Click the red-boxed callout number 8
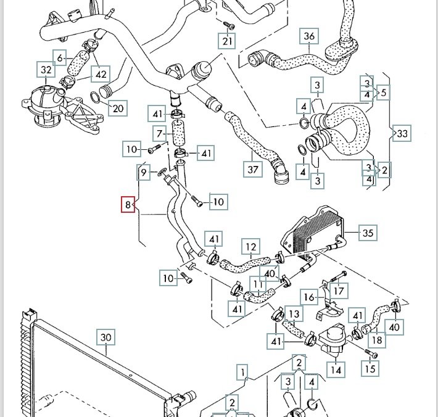click(128, 204)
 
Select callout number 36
click(309, 37)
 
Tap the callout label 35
click(367, 233)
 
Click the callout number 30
click(106, 337)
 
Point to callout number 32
click(46, 70)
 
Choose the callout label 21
click(228, 41)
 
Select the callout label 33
click(402, 133)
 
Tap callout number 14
click(336, 370)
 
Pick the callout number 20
click(117, 109)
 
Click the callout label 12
click(250, 248)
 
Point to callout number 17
click(339, 289)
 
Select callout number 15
click(370, 368)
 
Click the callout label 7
click(160, 133)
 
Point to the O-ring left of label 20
click(97, 97)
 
